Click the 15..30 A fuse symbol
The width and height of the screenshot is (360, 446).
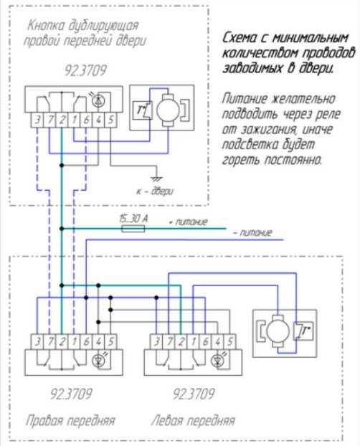click(x=133, y=229)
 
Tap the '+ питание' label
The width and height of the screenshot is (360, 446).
click(x=188, y=222)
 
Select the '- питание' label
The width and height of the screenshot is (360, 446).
click(x=252, y=232)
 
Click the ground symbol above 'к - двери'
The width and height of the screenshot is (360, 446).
click(x=156, y=179)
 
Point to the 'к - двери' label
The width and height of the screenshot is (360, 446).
click(x=154, y=191)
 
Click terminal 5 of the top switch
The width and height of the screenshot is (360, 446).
click(x=110, y=120)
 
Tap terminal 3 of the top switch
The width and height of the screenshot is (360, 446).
click(x=37, y=120)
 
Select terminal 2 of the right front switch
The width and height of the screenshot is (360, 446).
click(x=62, y=341)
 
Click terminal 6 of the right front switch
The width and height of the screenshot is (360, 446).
click(x=86, y=341)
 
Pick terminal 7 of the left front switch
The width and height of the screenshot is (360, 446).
click(x=169, y=341)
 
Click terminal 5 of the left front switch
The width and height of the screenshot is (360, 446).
click(x=230, y=341)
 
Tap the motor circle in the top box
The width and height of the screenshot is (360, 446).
click(x=168, y=110)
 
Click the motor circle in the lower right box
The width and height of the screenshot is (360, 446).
click(x=278, y=331)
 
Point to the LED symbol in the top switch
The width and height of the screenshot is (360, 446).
click(x=98, y=100)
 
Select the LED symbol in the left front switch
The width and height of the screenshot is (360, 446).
click(x=218, y=361)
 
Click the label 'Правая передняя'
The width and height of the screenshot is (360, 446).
click(x=70, y=420)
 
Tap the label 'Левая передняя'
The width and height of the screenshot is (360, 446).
click(x=194, y=420)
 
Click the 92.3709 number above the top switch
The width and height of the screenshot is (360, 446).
click(x=85, y=70)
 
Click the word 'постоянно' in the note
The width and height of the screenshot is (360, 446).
click(x=293, y=160)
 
